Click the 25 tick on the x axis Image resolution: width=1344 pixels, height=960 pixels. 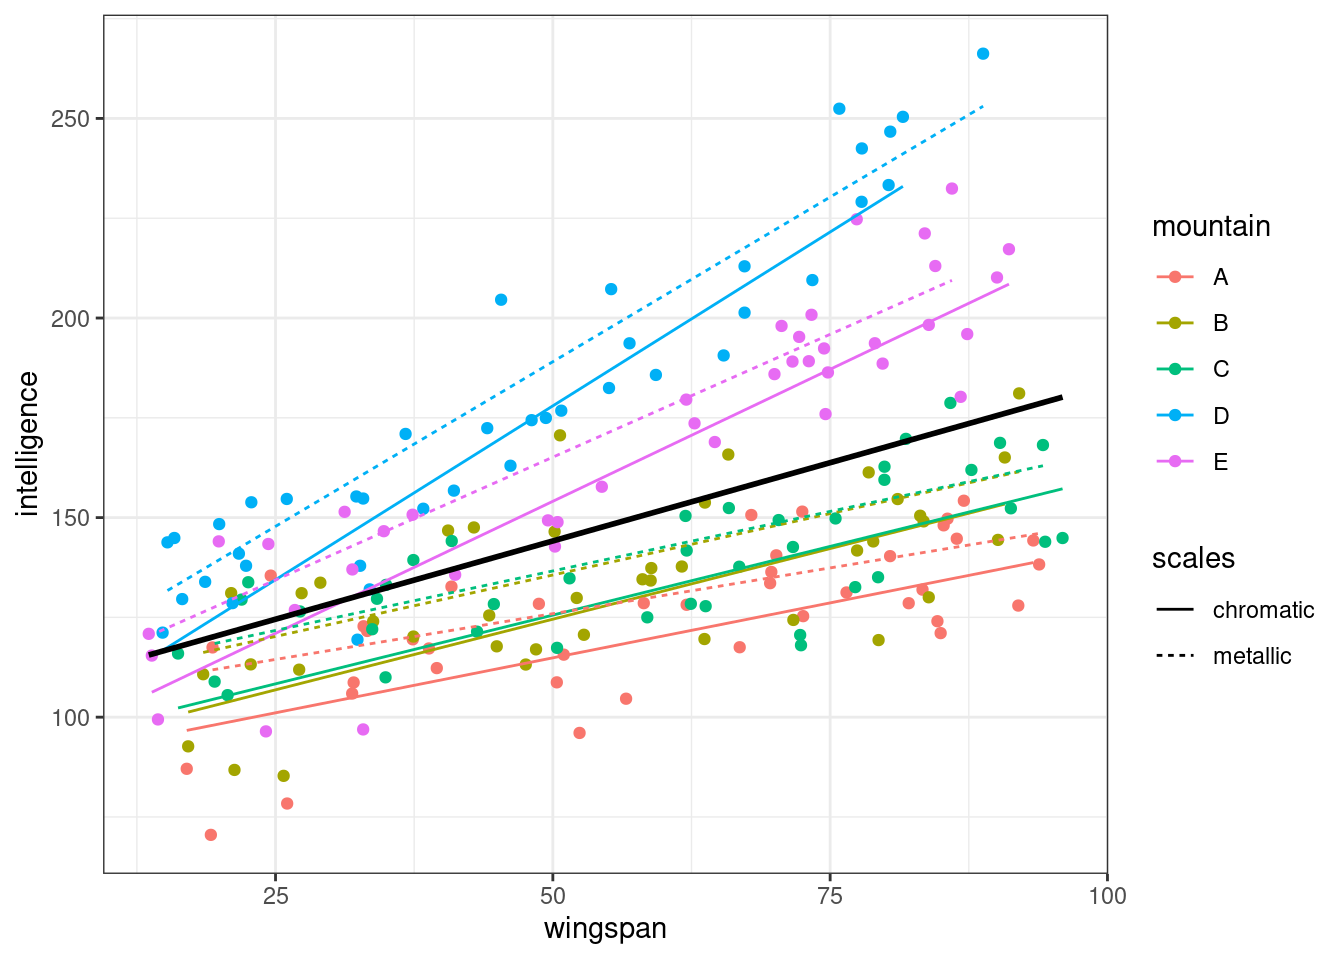275,895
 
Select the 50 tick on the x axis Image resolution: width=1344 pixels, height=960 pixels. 552,895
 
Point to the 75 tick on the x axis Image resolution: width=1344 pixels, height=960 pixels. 830,895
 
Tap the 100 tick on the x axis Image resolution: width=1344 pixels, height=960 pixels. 1107,895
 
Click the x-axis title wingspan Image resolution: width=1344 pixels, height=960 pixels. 605,928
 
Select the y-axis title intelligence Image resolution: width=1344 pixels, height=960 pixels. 28,444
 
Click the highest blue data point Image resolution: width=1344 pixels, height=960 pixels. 983,54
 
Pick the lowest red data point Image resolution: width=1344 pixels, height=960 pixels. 211,835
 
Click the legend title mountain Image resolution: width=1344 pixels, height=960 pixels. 1211,227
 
